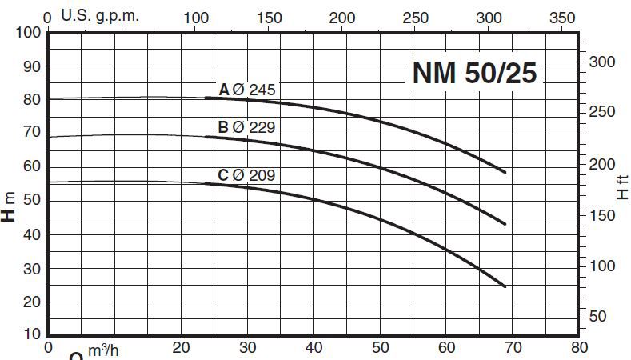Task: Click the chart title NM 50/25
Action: coord(474,73)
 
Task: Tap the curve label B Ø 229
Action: coord(246,127)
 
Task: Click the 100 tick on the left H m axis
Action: coord(28,33)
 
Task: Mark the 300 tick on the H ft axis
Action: coord(605,62)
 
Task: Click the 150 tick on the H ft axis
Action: coord(605,215)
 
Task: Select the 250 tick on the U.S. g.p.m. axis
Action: coord(416,17)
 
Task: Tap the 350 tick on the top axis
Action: coord(563,17)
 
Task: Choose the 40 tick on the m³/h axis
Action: coord(314,347)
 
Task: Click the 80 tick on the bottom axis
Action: coord(579,347)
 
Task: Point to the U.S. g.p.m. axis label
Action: coord(94,16)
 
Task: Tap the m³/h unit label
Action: coord(103,351)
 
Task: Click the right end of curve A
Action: coord(505,172)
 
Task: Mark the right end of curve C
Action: coord(505,286)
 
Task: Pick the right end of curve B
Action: coord(505,224)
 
